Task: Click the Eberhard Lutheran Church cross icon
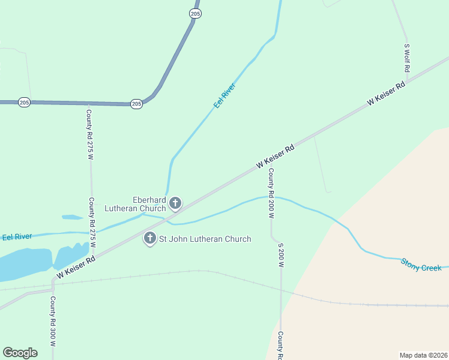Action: (x=175, y=203)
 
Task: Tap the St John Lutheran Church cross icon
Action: (x=150, y=239)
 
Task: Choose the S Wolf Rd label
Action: (x=407, y=58)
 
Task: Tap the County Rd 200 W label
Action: (x=271, y=184)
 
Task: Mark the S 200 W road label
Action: (x=280, y=255)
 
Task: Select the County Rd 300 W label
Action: (x=53, y=322)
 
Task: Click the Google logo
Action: (x=20, y=353)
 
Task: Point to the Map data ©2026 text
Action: (x=423, y=355)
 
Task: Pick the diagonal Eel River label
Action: (x=225, y=95)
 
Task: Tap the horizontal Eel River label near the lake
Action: (x=17, y=237)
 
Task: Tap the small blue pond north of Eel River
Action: (x=72, y=217)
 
